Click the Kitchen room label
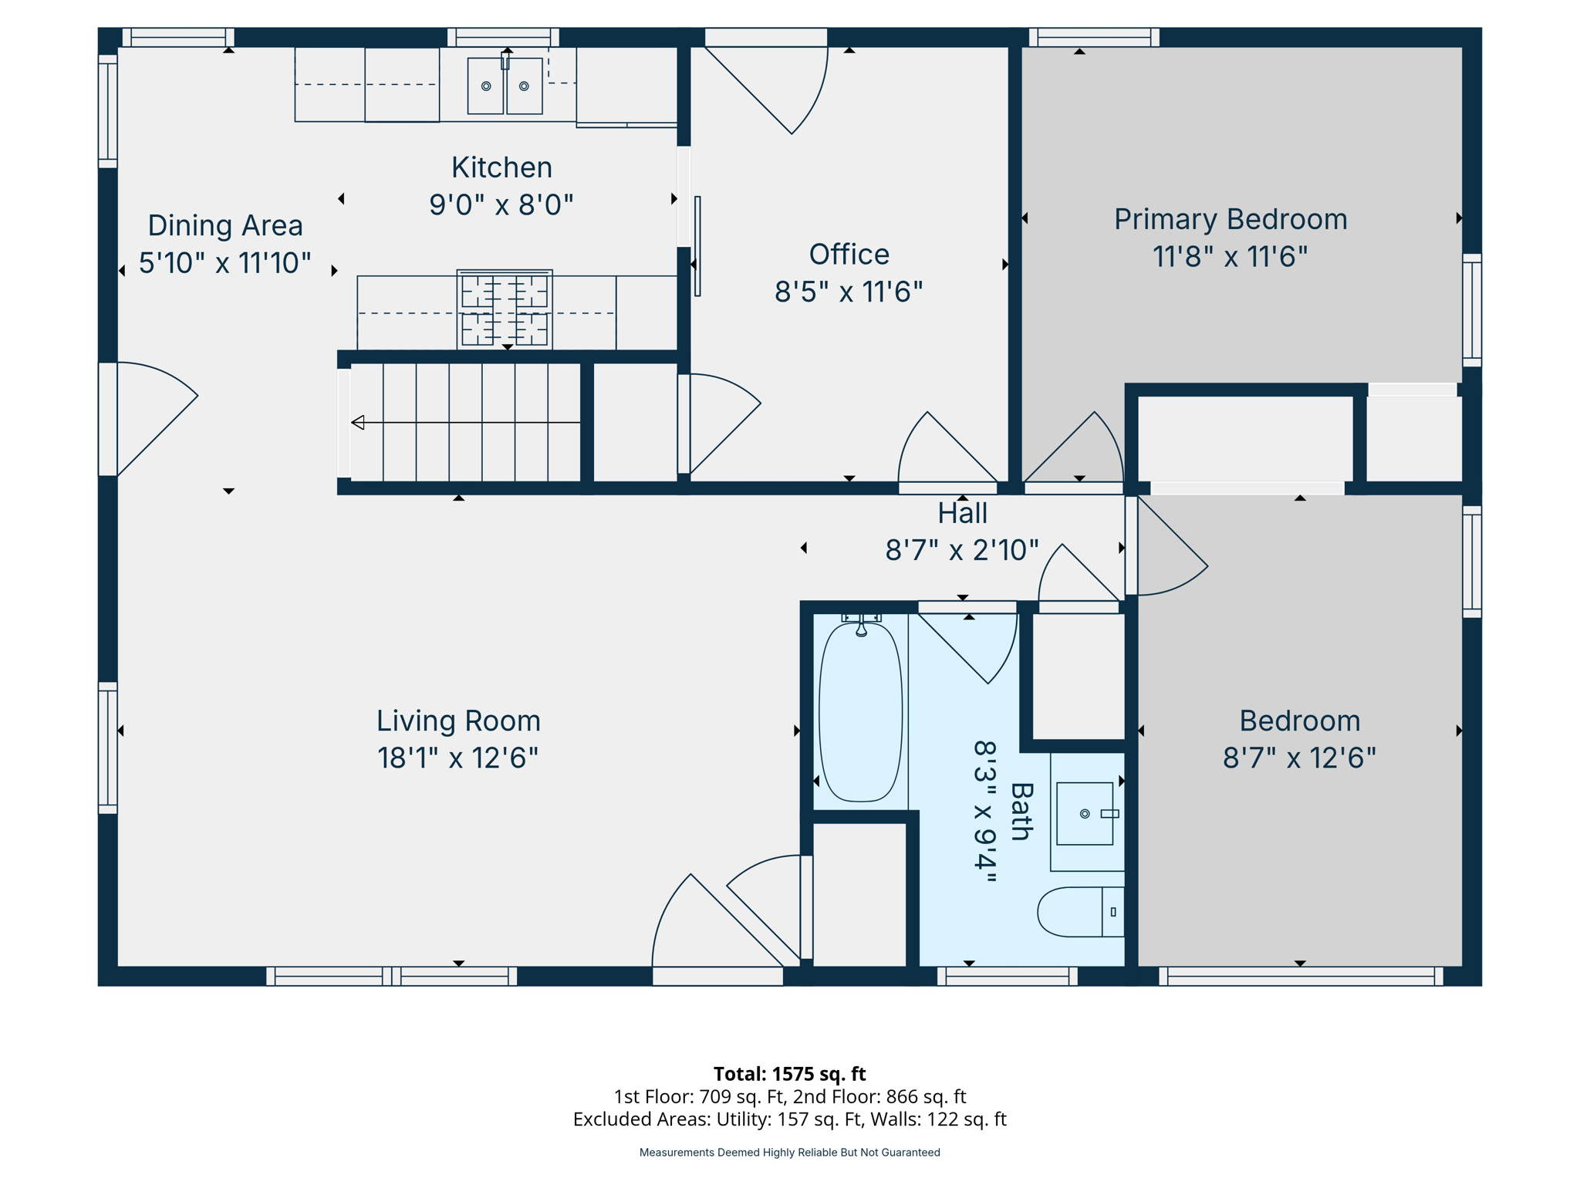501,167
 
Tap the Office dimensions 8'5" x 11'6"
849,292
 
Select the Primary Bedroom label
1230,219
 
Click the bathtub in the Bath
860,712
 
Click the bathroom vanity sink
1085,814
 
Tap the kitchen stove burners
505,309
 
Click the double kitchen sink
505,86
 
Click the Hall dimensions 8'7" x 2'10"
961,550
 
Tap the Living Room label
458,721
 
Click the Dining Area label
225,225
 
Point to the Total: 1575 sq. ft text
789,1073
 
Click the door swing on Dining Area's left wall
154,417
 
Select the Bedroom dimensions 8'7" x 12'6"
1299,758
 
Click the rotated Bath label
1021,812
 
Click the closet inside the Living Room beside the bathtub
859,894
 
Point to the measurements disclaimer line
789,1152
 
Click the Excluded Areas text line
789,1119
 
